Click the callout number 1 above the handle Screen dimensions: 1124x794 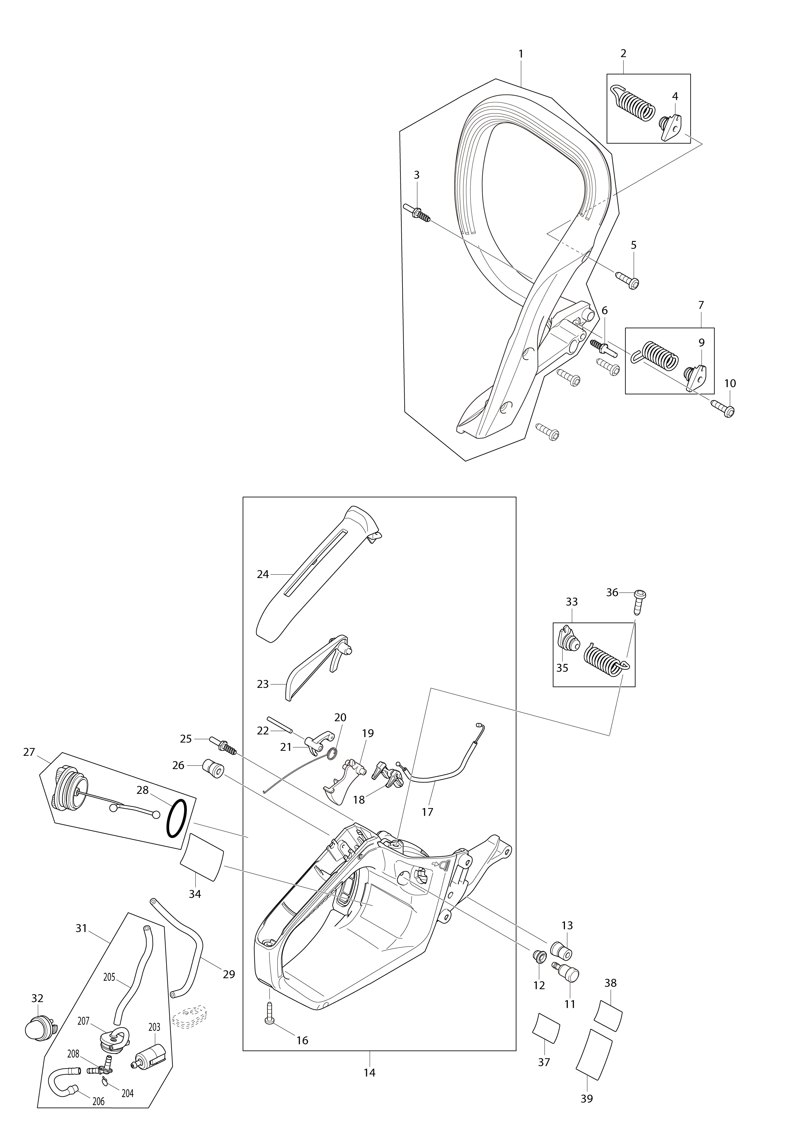click(x=521, y=54)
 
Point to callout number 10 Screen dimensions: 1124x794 click(x=730, y=383)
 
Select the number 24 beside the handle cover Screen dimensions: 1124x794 click(x=263, y=574)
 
